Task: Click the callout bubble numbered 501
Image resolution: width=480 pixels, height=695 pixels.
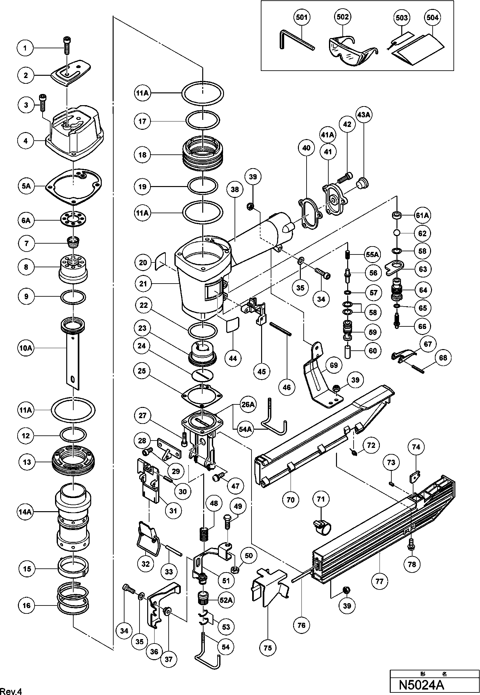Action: pyautogui.click(x=301, y=17)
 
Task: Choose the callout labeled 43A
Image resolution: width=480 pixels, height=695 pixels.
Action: pyautogui.click(x=364, y=115)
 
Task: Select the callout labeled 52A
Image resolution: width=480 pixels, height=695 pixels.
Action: pyautogui.click(x=226, y=600)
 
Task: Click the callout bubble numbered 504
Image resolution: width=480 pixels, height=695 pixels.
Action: pyautogui.click(x=432, y=17)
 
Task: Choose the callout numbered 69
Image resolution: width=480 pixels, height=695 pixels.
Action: pyautogui.click(x=333, y=365)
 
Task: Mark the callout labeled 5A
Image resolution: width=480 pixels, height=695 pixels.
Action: pyautogui.click(x=26, y=186)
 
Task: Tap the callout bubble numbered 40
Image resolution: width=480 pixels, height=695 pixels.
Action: pyautogui.click(x=306, y=148)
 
